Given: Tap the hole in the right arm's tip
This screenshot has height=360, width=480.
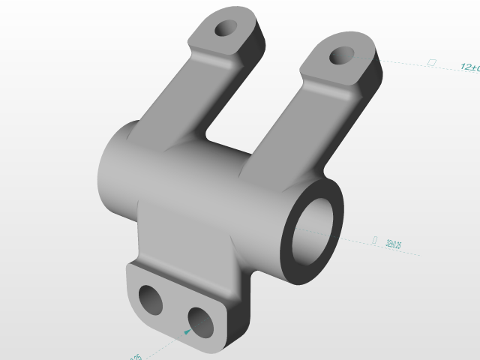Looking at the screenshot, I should [x=342, y=55].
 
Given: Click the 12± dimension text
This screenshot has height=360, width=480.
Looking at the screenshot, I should [x=469, y=67].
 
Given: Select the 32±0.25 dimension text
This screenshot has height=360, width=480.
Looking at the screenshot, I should [x=393, y=244].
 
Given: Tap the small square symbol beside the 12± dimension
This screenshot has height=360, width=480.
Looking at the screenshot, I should [x=430, y=63].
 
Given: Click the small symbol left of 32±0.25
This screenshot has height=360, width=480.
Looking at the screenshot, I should [x=374, y=240].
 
